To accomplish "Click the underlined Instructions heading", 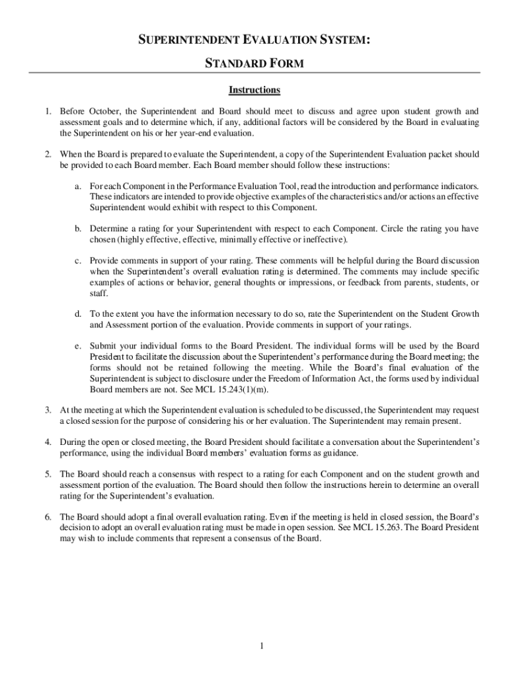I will coord(255,90).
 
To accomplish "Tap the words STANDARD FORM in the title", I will coord(255,64).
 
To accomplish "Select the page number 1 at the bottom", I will coord(262,646).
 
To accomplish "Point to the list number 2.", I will coord(48,154).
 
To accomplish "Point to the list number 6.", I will coord(48,517).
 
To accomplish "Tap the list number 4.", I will coord(48,442).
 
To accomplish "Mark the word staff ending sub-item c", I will coord(99,292).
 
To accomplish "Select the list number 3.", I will coord(48,410).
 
